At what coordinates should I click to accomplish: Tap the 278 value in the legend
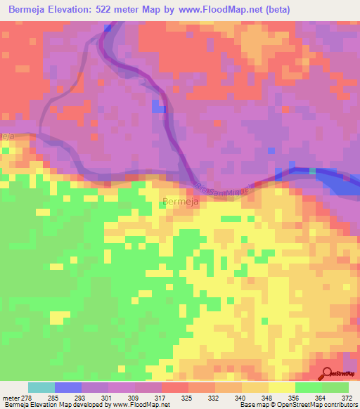29,398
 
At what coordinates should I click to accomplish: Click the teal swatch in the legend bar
41,387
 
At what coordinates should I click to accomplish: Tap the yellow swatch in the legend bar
282,387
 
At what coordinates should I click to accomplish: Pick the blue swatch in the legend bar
68,387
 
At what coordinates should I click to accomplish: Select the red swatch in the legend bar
175,387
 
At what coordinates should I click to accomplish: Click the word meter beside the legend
11,398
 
